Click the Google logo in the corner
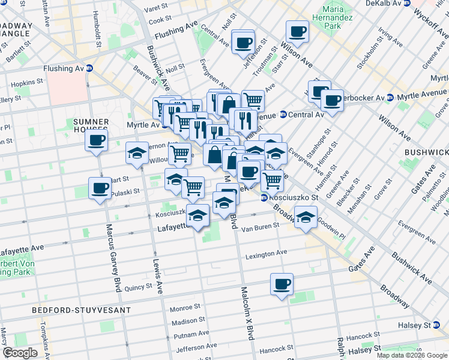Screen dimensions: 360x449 click(x=20, y=353)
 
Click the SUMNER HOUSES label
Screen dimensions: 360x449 click(x=91, y=125)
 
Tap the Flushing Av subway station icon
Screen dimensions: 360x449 click(x=89, y=68)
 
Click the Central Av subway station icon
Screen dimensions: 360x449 click(x=283, y=114)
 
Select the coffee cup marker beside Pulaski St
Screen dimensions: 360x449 click(x=100, y=188)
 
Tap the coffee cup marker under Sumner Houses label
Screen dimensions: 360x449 click(x=96, y=142)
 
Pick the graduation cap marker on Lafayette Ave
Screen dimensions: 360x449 click(x=197, y=215)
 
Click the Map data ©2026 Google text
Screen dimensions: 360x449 click(x=411, y=355)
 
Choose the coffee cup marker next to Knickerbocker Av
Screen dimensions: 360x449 click(x=332, y=100)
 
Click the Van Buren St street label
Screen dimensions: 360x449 click(x=261, y=227)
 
